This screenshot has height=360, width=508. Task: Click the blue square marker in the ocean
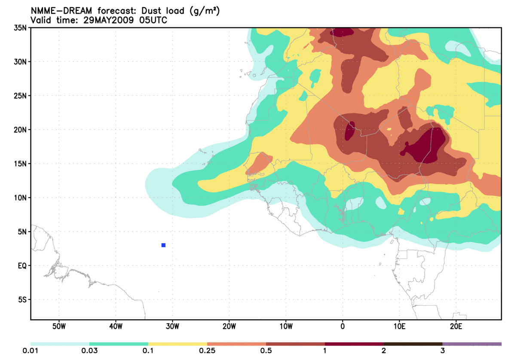tap(163, 245)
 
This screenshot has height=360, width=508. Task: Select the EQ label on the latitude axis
tap(22, 265)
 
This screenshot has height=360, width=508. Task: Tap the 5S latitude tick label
tap(22, 300)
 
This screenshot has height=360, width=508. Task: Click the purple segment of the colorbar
tap(471, 344)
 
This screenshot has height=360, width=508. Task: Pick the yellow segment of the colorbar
tap(177, 344)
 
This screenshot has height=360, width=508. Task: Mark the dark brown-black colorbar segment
tap(413, 344)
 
